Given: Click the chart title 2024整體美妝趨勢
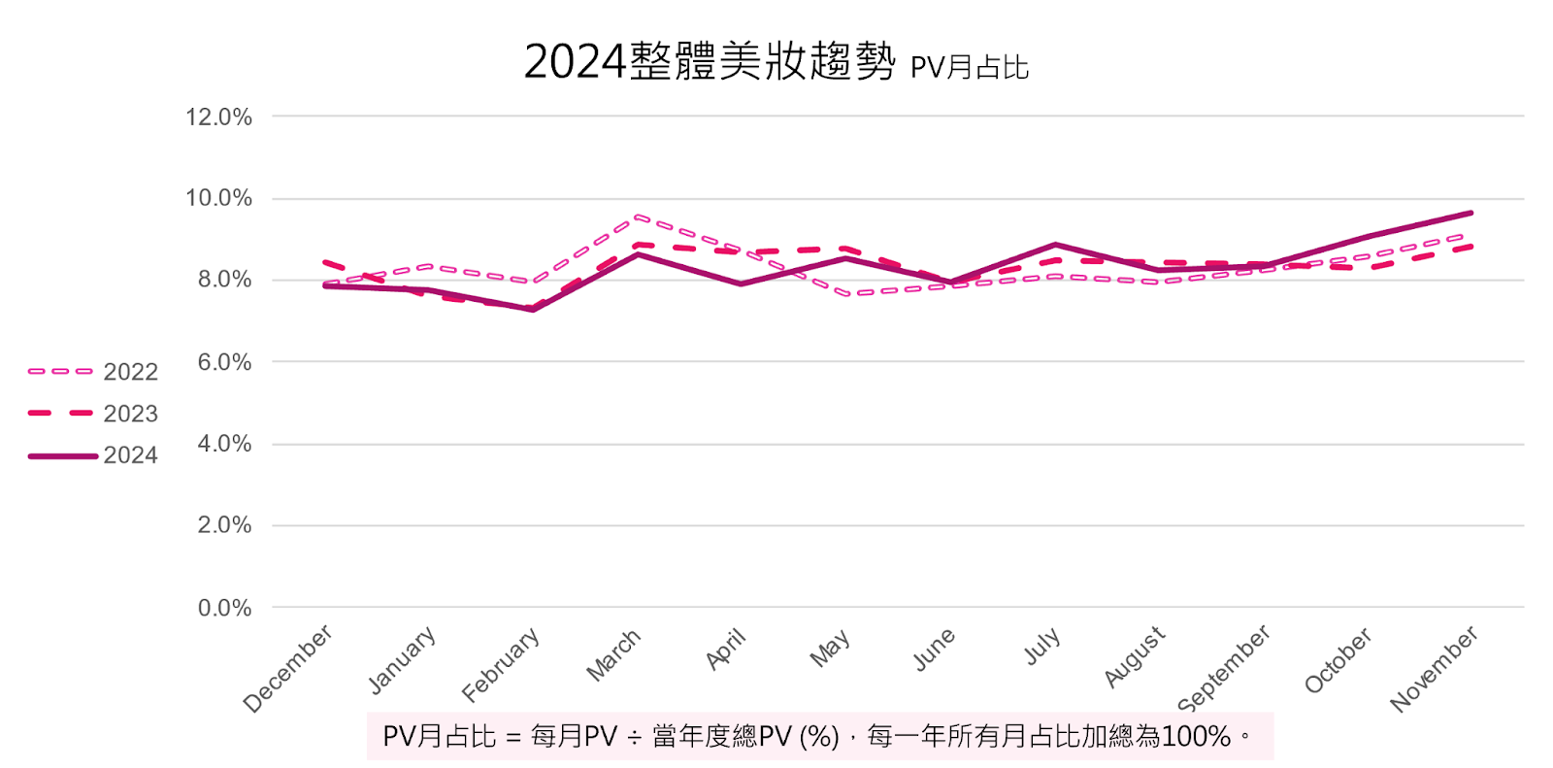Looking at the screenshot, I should [710, 62].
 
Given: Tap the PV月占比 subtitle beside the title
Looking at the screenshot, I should [969, 67].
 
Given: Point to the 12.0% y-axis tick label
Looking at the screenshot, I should [219, 117].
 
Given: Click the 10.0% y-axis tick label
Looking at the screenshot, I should [219, 198].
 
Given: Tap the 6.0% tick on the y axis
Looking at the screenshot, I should [224, 362].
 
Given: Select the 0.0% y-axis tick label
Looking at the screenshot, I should [224, 608].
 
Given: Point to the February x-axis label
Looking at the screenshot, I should [500, 664].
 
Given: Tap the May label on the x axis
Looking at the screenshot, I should [830, 649].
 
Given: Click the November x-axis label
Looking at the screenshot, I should [1434, 668].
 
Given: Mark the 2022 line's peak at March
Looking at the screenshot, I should [638, 217].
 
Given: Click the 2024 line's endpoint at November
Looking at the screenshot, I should [1470, 213].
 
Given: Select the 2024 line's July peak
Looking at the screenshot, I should [1055, 245].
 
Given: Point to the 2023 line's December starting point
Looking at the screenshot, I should [325, 262].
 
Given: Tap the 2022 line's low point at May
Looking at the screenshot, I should [847, 293].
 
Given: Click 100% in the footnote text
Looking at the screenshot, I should [1196, 737].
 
